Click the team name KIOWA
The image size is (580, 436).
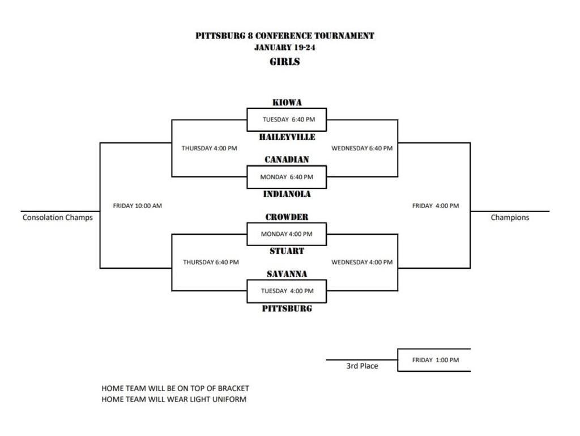(287, 103)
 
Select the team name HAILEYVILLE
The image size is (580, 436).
(287, 137)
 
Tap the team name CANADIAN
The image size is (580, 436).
(287, 160)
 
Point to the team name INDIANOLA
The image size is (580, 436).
(287, 194)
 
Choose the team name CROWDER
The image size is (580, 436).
(287, 217)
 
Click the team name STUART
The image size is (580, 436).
(287, 251)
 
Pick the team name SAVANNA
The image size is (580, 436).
(287, 274)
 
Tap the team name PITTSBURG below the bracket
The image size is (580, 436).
(287, 309)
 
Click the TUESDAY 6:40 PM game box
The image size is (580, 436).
(287, 120)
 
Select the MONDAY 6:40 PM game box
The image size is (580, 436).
(287, 177)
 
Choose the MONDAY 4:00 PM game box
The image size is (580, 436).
(287, 234)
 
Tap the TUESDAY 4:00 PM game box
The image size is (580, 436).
(287, 291)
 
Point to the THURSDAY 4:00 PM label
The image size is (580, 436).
(209, 149)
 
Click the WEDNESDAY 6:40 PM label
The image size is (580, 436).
(361, 149)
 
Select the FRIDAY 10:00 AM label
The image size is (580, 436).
(137, 206)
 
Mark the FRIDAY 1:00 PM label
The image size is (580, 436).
(435, 360)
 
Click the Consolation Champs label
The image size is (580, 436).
(57, 218)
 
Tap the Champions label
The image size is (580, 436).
(510, 218)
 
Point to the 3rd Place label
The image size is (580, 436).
(362, 366)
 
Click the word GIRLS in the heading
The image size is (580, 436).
(284, 62)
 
